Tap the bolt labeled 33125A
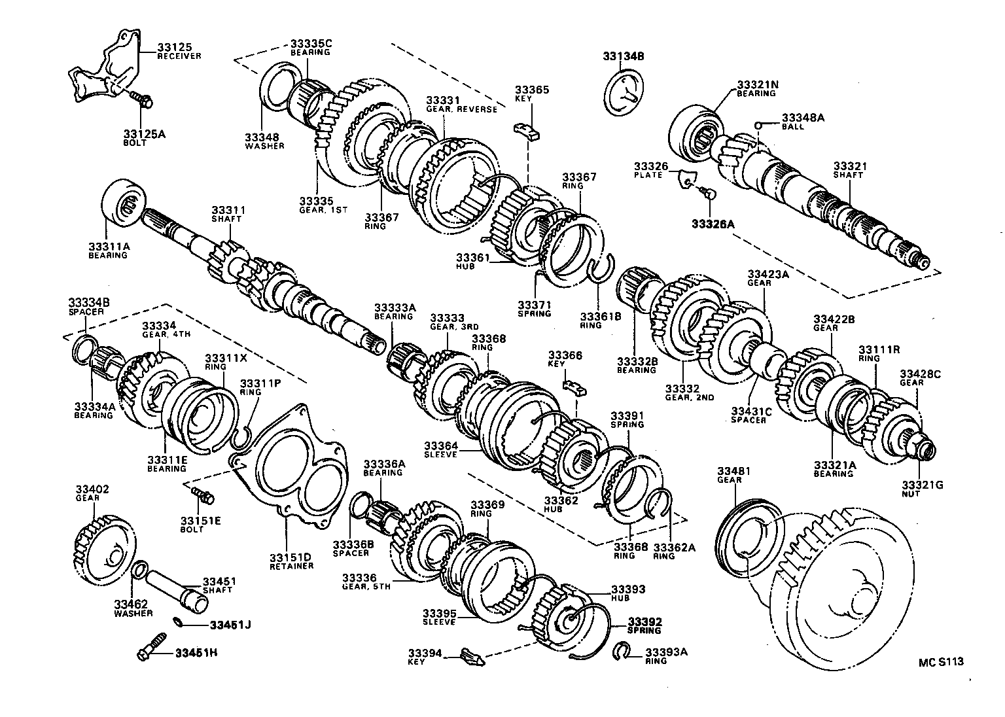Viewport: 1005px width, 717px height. point(141,100)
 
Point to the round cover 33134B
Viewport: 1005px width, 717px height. point(623,94)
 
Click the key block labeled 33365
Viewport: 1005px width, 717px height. point(528,131)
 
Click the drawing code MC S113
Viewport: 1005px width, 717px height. point(941,661)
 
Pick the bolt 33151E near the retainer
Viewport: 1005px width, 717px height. point(202,495)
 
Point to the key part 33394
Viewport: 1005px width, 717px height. point(471,655)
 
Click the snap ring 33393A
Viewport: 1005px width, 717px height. point(623,652)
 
